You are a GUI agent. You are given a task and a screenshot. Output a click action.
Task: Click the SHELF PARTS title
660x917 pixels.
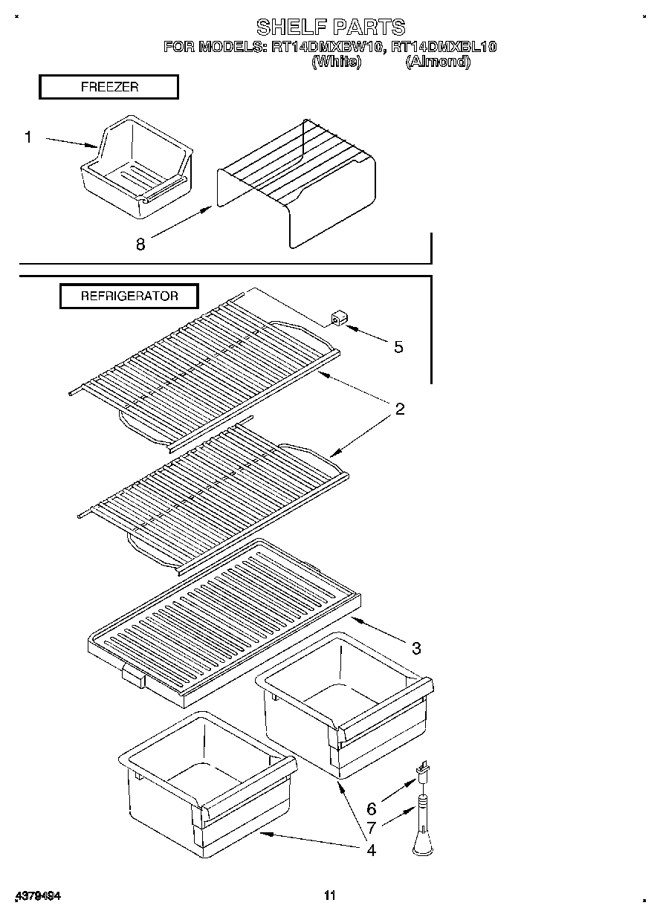point(330,27)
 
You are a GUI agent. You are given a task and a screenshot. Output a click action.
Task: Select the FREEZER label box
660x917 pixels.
point(109,87)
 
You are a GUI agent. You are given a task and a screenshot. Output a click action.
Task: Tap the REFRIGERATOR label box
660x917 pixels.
point(129,296)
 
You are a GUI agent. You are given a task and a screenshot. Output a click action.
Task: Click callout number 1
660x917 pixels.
point(28,137)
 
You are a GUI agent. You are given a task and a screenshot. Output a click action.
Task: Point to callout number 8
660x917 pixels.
point(140,243)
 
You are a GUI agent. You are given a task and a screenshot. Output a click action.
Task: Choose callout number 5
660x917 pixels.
point(398,347)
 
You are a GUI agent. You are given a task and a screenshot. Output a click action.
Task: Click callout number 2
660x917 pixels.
point(399,409)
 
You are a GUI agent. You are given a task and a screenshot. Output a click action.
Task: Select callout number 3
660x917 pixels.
point(416,648)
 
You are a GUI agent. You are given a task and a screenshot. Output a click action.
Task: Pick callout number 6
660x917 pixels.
point(372,809)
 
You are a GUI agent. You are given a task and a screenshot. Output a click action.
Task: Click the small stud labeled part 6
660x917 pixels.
point(424,773)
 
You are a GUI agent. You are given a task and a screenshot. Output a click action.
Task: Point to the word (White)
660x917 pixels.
point(337,62)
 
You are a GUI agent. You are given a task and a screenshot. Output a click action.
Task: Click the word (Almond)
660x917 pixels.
point(438,62)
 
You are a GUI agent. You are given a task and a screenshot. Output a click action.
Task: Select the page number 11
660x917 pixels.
point(330,895)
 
